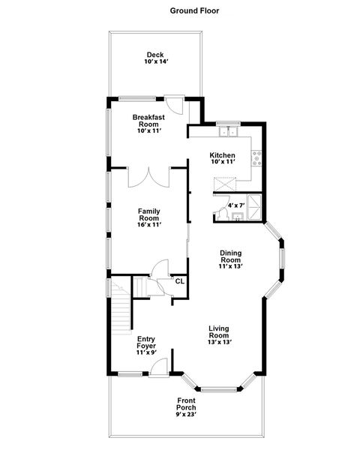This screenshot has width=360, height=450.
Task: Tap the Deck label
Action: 155,58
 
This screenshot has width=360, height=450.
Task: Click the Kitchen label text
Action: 222,159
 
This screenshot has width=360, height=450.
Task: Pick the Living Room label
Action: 220,334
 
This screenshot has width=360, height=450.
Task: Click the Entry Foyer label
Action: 145,344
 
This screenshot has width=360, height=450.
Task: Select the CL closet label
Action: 179,281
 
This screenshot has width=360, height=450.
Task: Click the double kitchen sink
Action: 227,133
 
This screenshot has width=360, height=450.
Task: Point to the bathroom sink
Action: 237,217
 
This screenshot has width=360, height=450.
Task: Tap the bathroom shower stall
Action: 254,205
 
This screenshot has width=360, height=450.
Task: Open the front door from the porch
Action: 157,368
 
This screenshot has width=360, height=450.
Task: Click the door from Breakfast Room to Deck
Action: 173,104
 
